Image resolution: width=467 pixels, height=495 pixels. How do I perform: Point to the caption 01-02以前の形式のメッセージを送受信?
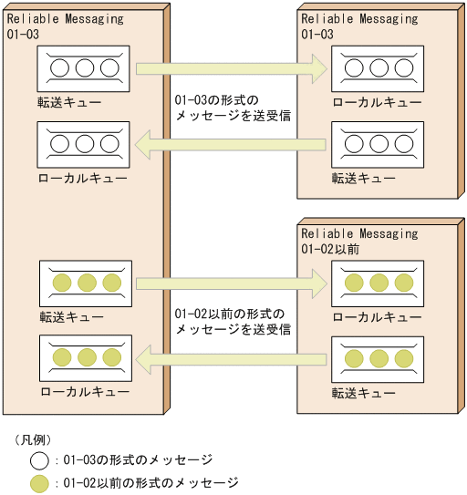pyautogui.click(x=232, y=321)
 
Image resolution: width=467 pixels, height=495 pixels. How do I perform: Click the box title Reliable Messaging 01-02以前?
pyautogui.click(x=359, y=241)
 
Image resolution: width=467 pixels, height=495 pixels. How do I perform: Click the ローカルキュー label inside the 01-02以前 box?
pyautogui.click(x=377, y=316)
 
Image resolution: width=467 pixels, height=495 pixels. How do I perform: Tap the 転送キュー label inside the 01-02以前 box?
pyautogui.click(x=364, y=394)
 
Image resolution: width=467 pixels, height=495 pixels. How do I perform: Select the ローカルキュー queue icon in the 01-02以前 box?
pyautogui.click(x=377, y=284)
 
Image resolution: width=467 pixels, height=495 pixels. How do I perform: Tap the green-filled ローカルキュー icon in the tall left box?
pyautogui.click(x=86, y=358)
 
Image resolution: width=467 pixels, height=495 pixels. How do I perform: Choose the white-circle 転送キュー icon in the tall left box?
pyautogui.click(x=84, y=68)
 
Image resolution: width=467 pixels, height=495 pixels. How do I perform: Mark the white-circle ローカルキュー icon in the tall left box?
pyautogui.click(x=84, y=144)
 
